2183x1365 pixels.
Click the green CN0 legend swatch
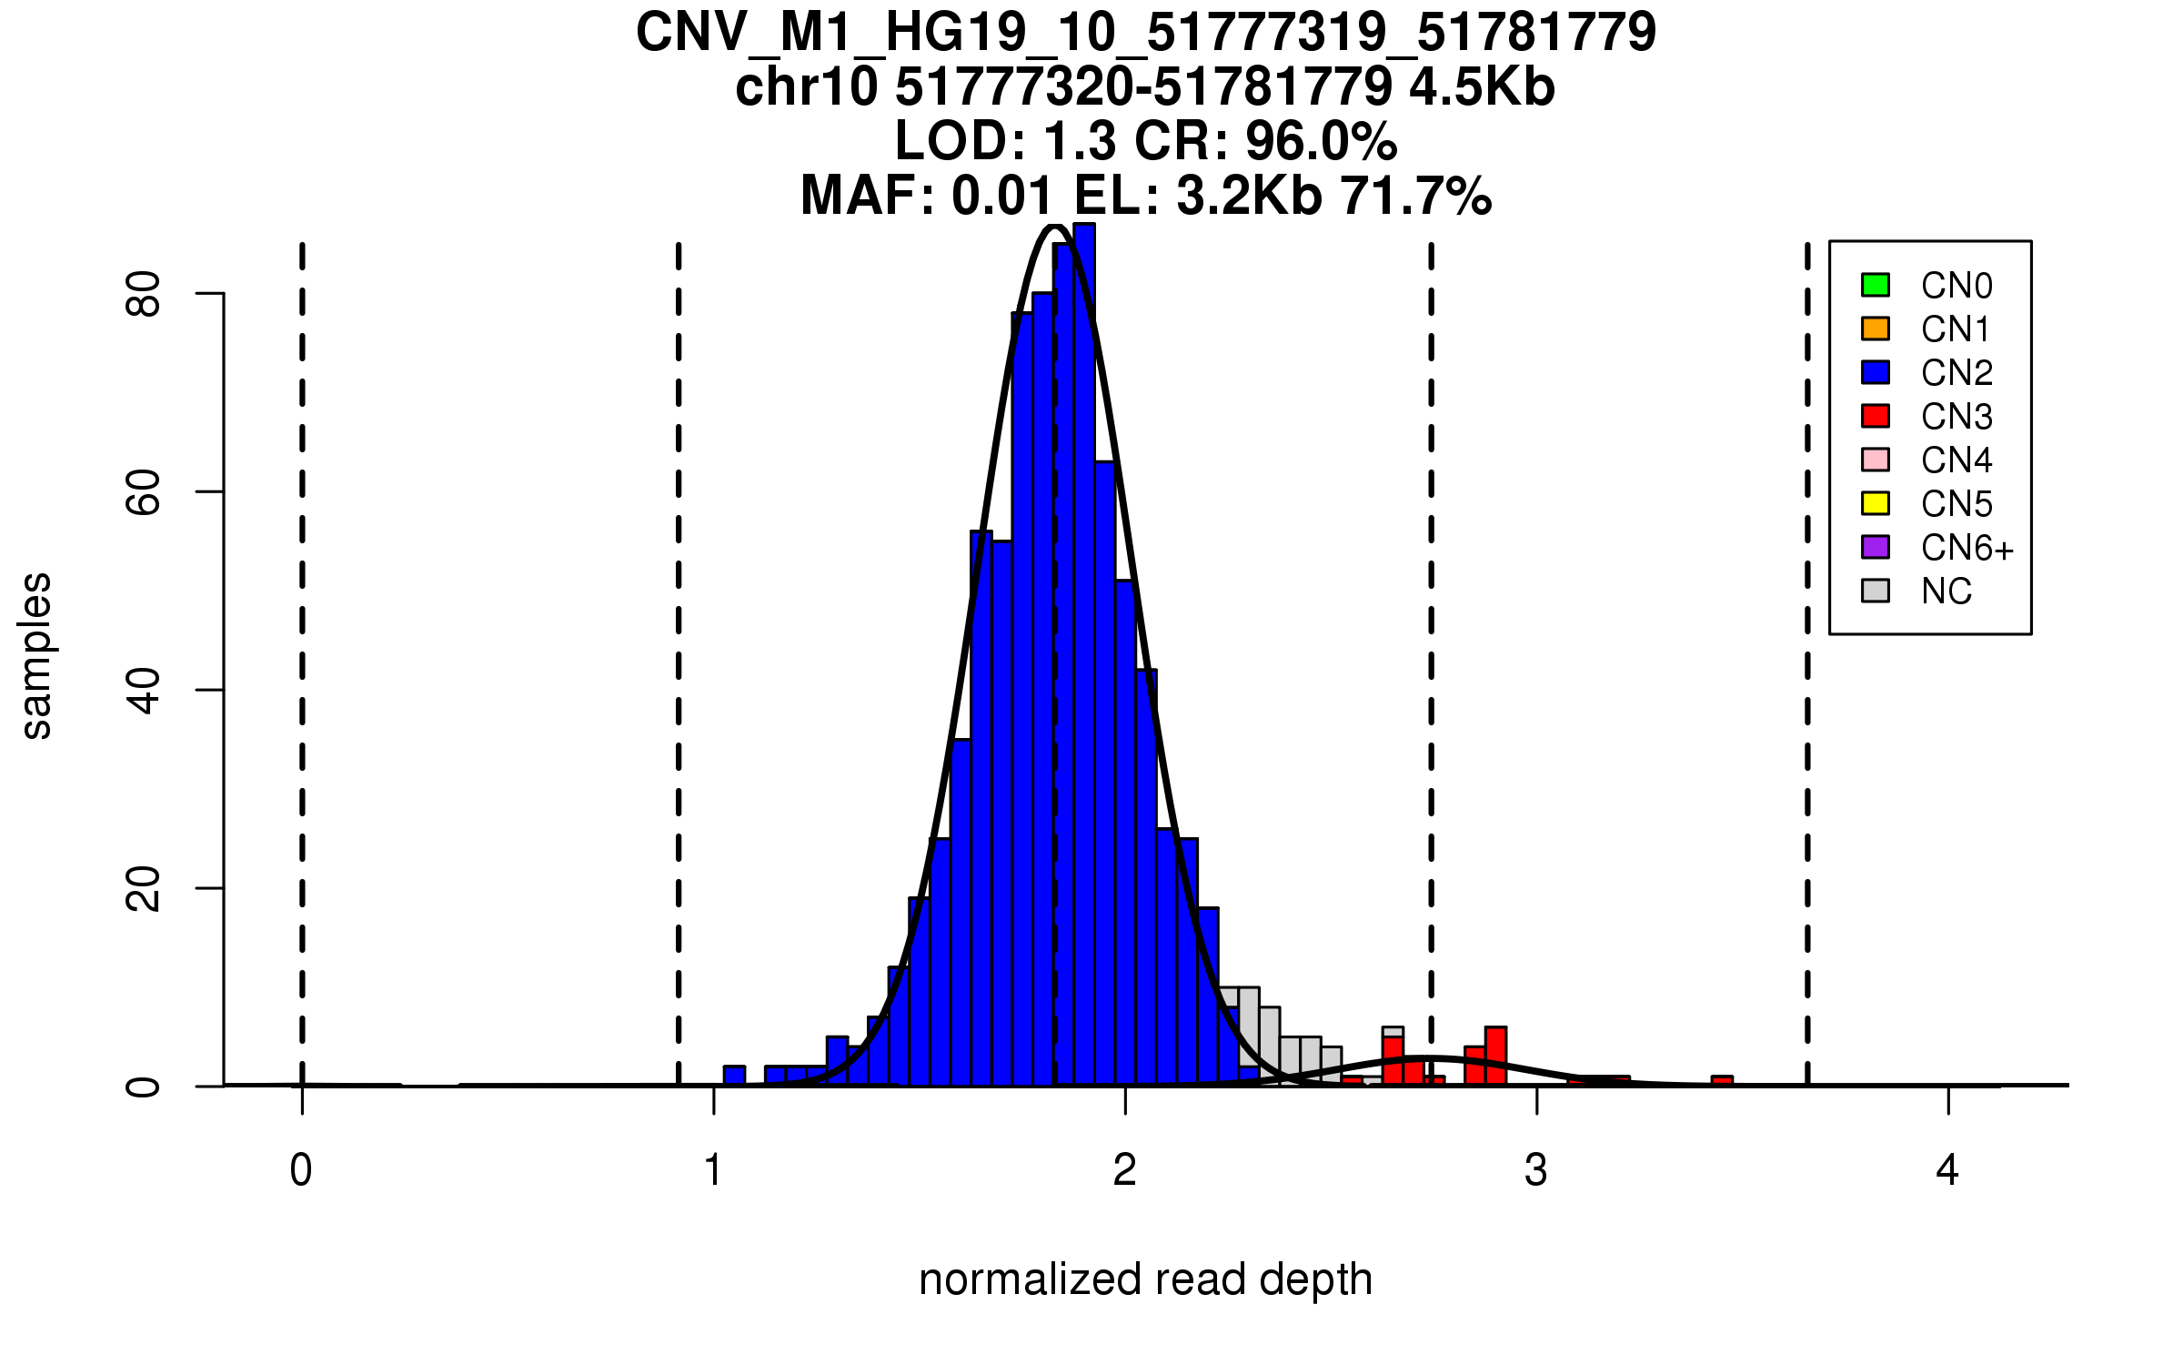click(x=1875, y=285)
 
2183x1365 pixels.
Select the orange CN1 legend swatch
click(x=1875, y=329)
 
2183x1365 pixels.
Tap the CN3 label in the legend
click(x=1957, y=417)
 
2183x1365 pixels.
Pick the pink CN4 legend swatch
click(x=1875, y=460)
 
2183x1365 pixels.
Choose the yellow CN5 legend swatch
click(x=1875, y=503)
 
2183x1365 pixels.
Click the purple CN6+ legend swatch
click(x=1875, y=547)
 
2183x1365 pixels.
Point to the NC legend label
click(x=1947, y=591)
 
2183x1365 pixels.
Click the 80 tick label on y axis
click(x=144, y=293)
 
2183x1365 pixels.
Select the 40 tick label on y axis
click(x=144, y=690)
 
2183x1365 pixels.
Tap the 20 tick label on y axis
click(x=144, y=888)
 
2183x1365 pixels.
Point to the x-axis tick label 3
click(x=1536, y=1170)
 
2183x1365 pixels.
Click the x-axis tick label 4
click(x=1947, y=1170)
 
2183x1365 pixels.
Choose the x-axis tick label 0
click(x=301, y=1170)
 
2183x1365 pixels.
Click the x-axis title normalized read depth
click(x=1145, y=1279)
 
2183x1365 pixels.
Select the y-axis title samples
click(x=36, y=655)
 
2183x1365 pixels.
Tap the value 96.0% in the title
click(x=1321, y=142)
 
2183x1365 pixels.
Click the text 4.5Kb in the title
click(x=1482, y=87)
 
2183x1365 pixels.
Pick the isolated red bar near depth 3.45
click(x=1722, y=1080)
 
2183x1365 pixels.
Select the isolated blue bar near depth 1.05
click(x=734, y=1076)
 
